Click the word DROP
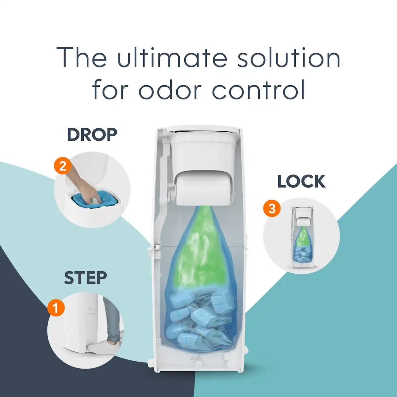(x=92, y=135)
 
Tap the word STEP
(x=85, y=278)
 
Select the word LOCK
(x=301, y=181)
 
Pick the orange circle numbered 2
(x=63, y=166)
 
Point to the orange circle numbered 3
(x=272, y=208)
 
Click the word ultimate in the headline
(x=172, y=57)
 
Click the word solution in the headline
(x=289, y=57)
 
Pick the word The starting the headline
(x=82, y=57)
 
